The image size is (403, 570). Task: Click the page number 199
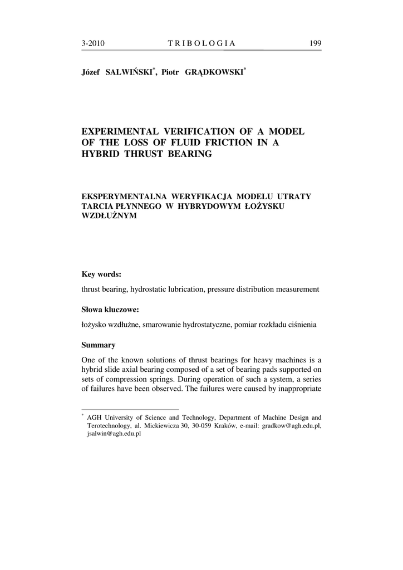click(314, 43)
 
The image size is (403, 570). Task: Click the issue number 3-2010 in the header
click(94, 43)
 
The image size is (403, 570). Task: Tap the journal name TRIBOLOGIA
click(202, 43)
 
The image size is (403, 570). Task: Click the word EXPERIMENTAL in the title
click(120, 131)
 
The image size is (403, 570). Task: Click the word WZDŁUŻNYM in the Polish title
click(109, 216)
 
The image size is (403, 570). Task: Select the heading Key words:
click(101, 274)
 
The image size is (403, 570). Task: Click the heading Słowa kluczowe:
click(110, 309)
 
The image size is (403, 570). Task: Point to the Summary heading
click(99, 345)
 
